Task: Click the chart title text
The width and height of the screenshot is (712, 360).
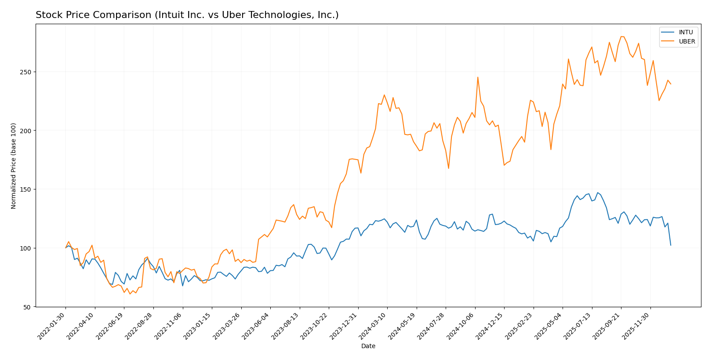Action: [x=187, y=15]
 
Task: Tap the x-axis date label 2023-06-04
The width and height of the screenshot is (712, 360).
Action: [x=257, y=325]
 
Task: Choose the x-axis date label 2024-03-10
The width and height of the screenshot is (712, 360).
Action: [x=374, y=325]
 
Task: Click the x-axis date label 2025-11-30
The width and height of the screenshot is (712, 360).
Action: [x=637, y=325]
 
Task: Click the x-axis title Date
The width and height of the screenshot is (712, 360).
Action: [x=368, y=346]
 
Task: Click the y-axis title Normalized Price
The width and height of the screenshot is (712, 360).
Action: [x=14, y=166]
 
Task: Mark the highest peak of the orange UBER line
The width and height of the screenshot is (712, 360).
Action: [x=621, y=36]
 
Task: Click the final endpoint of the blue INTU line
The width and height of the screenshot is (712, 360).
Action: [x=671, y=245]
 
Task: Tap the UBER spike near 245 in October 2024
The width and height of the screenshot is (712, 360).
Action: [x=478, y=77]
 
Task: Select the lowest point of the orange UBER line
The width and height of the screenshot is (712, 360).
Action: [x=130, y=294]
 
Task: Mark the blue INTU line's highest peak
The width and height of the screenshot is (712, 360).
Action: [x=597, y=193]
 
